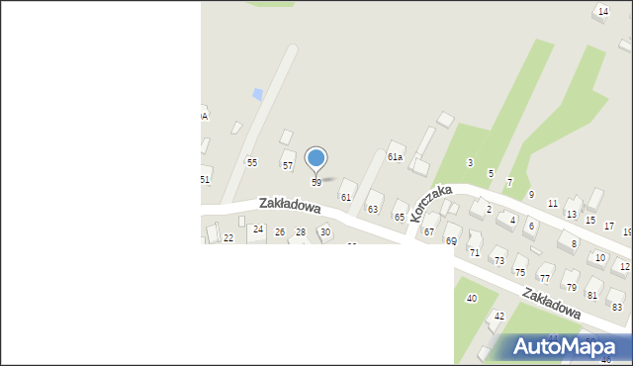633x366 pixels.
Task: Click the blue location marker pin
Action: pyautogui.click(x=316, y=158)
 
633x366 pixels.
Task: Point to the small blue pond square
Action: pyautogui.click(x=258, y=94)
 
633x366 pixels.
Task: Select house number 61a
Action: pyautogui.click(x=395, y=156)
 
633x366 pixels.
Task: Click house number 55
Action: pyautogui.click(x=252, y=162)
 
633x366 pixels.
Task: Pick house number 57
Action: pyautogui.click(x=288, y=165)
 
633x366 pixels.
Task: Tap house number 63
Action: pyautogui.click(x=373, y=210)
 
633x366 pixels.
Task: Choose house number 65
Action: pyautogui.click(x=400, y=217)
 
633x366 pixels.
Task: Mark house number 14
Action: pyautogui.click(x=603, y=11)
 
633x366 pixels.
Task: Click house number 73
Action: pyautogui.click(x=498, y=261)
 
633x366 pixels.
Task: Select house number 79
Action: pyautogui.click(x=571, y=287)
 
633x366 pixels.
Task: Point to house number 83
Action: pyautogui.click(x=617, y=307)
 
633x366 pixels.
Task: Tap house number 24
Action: pyautogui.click(x=258, y=229)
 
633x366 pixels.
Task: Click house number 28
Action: pyautogui.click(x=301, y=232)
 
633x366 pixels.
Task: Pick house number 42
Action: pyautogui.click(x=499, y=316)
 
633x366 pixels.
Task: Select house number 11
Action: pyautogui.click(x=552, y=203)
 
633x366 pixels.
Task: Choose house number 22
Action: pyautogui.click(x=228, y=238)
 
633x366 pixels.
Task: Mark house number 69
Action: pyautogui.click(x=451, y=241)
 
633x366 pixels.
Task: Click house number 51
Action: pyautogui.click(x=205, y=179)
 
